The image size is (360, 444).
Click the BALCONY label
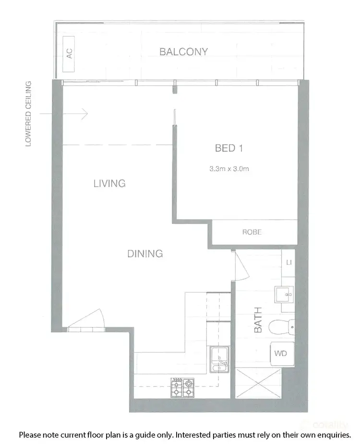coord(184,52)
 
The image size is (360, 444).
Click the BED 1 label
coord(228,148)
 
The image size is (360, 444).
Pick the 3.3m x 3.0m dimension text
coord(228,169)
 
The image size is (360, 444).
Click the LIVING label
coord(109,183)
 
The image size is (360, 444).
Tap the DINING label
coord(145,254)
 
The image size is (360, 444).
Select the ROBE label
coord(252,232)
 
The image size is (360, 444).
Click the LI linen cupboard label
coord(289,262)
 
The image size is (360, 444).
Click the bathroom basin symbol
coord(284,293)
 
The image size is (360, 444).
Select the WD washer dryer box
coord(281,354)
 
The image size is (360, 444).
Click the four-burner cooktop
coord(183,388)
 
